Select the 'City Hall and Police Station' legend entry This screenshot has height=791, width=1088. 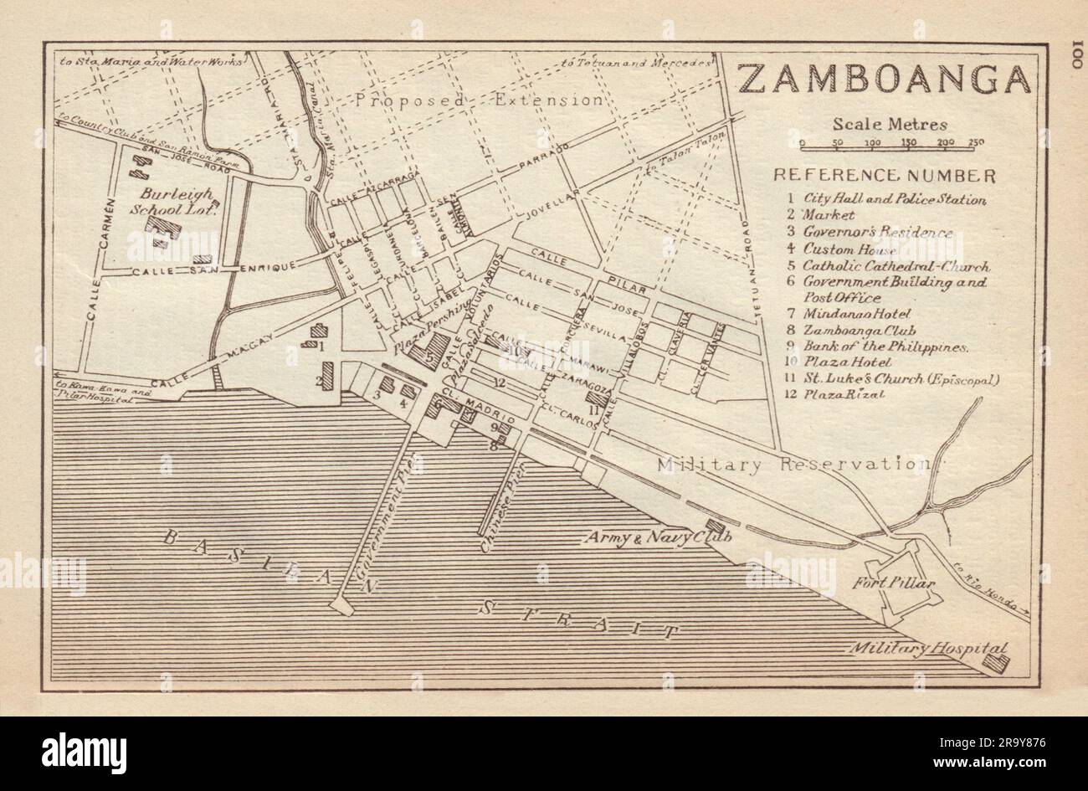(x=894, y=199)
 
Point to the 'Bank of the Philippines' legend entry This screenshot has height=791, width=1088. (x=885, y=347)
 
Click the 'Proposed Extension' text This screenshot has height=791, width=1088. (x=478, y=100)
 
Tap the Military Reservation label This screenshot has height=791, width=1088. (x=793, y=464)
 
